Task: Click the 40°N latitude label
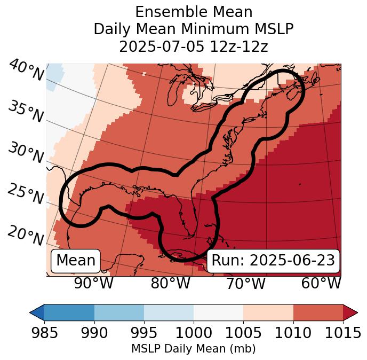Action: [26, 71]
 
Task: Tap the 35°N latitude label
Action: [25, 112]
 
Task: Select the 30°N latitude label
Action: [25, 153]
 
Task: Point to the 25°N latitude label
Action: [25, 194]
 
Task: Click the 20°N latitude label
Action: [25, 235]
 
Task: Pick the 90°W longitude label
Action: [93, 283]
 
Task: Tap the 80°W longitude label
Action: [170, 283]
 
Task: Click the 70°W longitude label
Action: [245, 283]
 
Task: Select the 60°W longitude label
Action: [321, 283]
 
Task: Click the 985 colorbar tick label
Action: [44, 333]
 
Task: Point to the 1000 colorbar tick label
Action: [194, 333]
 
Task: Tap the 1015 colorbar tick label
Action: [342, 333]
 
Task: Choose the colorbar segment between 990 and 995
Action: [119, 312]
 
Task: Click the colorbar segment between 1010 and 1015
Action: [318, 312]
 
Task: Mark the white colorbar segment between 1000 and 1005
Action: [218, 312]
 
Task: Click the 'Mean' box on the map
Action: [76, 261]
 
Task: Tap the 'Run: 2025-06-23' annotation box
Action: [273, 261]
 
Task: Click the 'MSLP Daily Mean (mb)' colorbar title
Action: [193, 349]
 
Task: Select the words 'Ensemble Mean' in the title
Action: [194, 12]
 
